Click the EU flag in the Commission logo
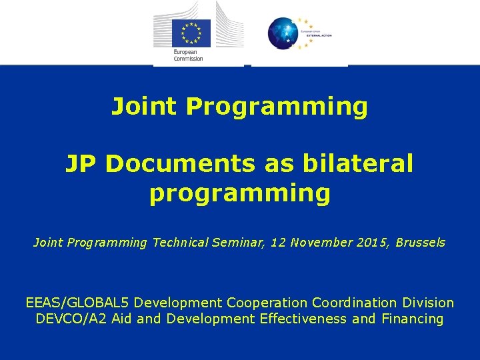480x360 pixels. (x=191, y=33)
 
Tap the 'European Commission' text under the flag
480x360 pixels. (x=188, y=55)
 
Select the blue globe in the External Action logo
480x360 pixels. (x=284, y=33)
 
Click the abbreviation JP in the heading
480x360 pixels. (x=81, y=163)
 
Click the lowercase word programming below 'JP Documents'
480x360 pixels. (x=239, y=194)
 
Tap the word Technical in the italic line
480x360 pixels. (x=180, y=243)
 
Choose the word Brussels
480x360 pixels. (x=420, y=243)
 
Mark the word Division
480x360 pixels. (x=431, y=303)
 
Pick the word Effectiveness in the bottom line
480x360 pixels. (x=303, y=319)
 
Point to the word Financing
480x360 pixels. (x=413, y=319)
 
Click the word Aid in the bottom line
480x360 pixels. (x=122, y=319)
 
